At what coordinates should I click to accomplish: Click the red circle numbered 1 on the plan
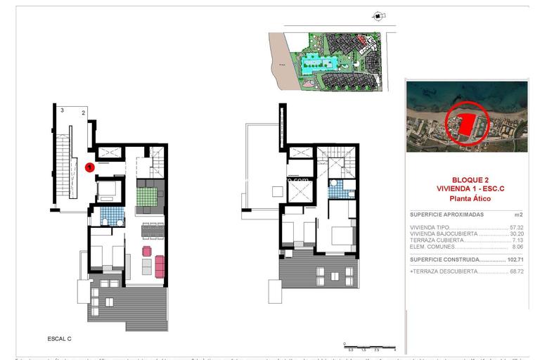(x=90, y=167)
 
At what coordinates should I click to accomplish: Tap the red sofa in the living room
(x=160, y=266)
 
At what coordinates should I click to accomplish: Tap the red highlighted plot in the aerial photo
(x=466, y=125)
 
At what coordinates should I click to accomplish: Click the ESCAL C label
(x=59, y=339)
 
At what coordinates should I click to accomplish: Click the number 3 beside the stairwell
(x=63, y=110)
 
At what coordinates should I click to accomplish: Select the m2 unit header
(x=519, y=214)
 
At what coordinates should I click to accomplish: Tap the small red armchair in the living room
(x=147, y=251)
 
